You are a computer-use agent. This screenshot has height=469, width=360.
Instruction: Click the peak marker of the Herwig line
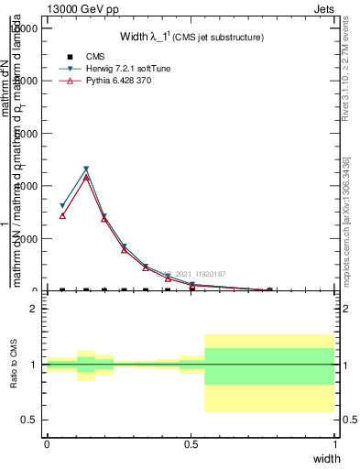pos(86,169)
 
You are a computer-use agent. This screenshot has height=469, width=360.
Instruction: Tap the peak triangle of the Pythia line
pos(86,178)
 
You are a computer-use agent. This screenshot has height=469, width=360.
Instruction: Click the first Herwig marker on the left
pos(62,206)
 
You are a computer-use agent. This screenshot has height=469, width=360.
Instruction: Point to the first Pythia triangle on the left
pos(62,215)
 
